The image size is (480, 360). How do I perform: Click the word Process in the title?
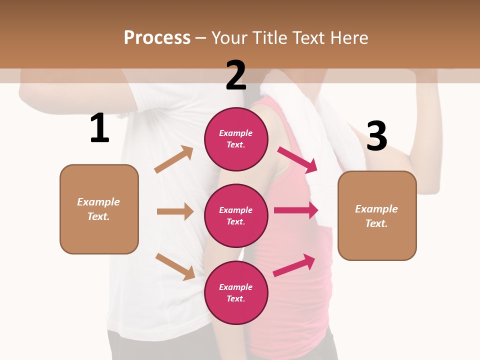click(x=157, y=38)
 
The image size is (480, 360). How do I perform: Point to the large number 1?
click(x=99, y=128)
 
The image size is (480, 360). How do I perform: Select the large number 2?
click(x=236, y=75)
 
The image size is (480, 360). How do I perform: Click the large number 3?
click(x=376, y=136)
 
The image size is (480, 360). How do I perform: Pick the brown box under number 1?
click(x=99, y=209)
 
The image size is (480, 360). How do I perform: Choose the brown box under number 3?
click(x=377, y=215)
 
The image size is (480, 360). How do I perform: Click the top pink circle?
click(x=236, y=139)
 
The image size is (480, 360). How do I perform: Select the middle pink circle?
click(x=236, y=215)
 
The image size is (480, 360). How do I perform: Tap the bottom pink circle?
click(x=236, y=292)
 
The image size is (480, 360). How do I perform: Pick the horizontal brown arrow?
click(x=175, y=211)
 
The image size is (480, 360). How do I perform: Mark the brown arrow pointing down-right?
click(x=175, y=266)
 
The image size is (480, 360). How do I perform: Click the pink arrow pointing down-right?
click(x=297, y=159)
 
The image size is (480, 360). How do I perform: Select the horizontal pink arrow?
click(x=295, y=210)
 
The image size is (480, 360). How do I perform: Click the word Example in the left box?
click(x=98, y=202)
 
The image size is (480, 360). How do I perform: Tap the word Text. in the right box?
click(x=376, y=223)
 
